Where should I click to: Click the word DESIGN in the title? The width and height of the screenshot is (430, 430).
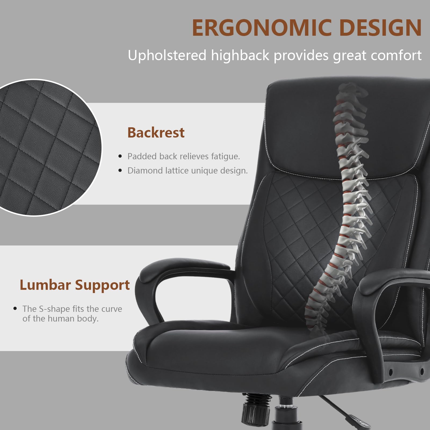tap(381, 28)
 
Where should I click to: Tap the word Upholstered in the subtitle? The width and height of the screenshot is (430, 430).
tap(167, 55)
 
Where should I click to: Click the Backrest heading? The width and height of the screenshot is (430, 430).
tap(156, 132)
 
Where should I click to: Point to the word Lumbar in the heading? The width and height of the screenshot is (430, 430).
tap(45, 285)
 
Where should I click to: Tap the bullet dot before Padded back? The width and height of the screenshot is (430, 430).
tap(120, 156)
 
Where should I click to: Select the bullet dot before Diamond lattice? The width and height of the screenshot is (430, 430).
tap(120, 170)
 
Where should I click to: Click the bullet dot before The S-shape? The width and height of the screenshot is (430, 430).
tap(15, 309)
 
